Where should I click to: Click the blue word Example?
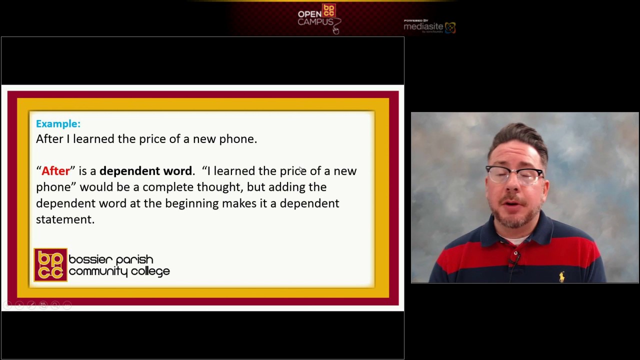click(x=58, y=123)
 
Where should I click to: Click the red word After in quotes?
click(x=55, y=171)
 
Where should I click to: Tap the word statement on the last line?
click(x=65, y=219)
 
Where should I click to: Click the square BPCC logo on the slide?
click(x=50, y=265)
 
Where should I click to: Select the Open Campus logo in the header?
click(x=318, y=17)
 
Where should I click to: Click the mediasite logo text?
click(x=423, y=26)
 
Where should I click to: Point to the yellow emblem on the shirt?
click(x=562, y=276)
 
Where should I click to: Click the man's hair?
click(x=517, y=137)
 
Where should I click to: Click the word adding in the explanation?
click(x=286, y=187)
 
